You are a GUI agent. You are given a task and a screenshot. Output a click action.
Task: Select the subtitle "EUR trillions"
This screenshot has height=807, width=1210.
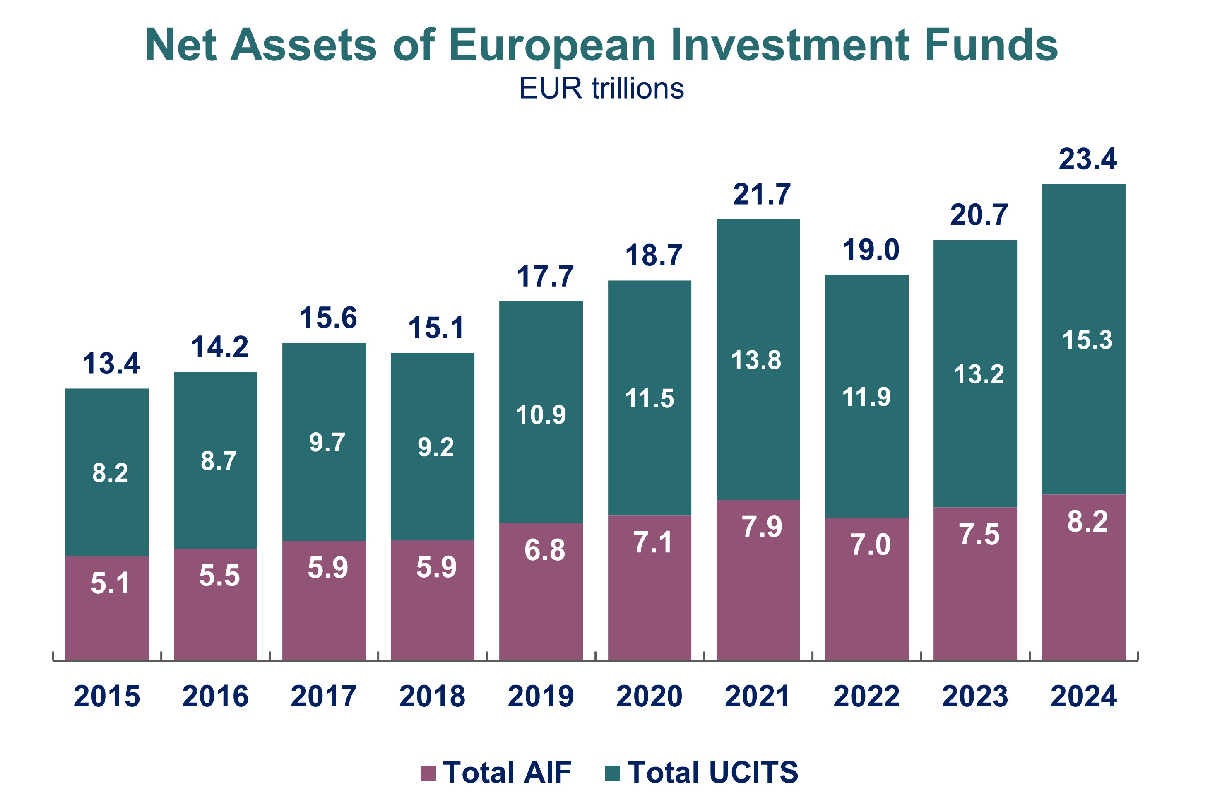[601, 89]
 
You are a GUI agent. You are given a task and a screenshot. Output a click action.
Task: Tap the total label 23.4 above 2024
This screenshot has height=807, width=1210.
[1087, 159]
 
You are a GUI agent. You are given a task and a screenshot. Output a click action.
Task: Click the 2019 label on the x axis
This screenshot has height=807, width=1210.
[541, 696]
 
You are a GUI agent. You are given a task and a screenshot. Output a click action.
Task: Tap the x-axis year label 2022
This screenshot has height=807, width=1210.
[866, 696]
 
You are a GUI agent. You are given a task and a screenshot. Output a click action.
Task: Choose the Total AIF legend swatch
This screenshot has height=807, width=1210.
[428, 773]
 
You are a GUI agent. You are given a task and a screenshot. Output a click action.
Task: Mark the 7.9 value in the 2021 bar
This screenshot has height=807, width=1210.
[761, 527]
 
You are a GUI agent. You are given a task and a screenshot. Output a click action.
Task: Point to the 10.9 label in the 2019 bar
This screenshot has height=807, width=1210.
[541, 415]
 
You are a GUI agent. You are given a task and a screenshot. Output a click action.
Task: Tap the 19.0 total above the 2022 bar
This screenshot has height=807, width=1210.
[871, 251]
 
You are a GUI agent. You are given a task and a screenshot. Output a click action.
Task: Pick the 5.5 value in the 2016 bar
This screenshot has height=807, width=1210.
[219, 576]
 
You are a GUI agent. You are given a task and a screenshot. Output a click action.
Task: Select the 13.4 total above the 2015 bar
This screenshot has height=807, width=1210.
[111, 364]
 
